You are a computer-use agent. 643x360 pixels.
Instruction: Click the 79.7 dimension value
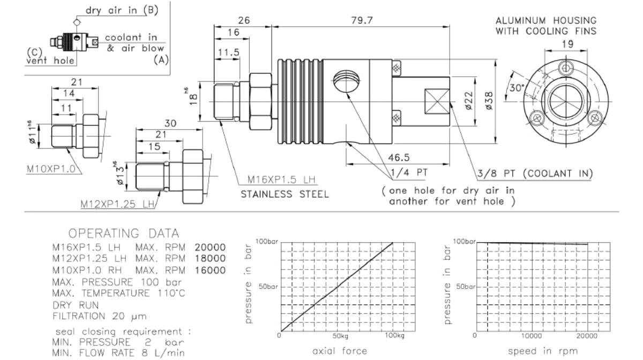pos(362,20)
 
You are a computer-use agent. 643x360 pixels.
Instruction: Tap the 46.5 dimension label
pos(399,157)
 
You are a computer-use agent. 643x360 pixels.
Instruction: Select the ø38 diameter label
pos(489,101)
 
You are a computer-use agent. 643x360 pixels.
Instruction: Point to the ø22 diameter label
pos(468,101)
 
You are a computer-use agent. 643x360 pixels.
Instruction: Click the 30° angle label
pos(517,87)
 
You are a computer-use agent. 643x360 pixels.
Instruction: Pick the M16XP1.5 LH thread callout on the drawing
pos(281,179)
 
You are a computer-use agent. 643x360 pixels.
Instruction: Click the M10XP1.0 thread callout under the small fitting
pos(51,169)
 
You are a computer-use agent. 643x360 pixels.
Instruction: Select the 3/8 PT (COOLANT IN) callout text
pos(535,174)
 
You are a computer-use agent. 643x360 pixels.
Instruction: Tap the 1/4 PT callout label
pos(409,172)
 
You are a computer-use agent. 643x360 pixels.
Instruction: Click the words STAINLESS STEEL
pos(285,194)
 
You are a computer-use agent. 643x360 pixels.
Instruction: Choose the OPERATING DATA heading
pos(124,234)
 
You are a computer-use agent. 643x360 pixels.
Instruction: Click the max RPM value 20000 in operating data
pos(210,247)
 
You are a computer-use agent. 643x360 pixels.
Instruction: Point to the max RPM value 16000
pos(210,270)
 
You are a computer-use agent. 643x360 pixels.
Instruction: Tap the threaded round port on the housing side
pos(347,81)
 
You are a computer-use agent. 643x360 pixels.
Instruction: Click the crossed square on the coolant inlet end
pos(437,101)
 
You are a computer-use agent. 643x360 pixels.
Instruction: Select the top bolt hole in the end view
pos(565,69)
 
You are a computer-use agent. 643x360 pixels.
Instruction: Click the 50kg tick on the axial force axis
pos(340,336)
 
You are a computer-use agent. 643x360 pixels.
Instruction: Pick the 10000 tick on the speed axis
pos(532,336)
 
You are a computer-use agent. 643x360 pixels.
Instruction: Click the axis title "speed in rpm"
pos(543,351)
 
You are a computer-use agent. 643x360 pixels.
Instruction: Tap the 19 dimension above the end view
pos(567,44)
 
